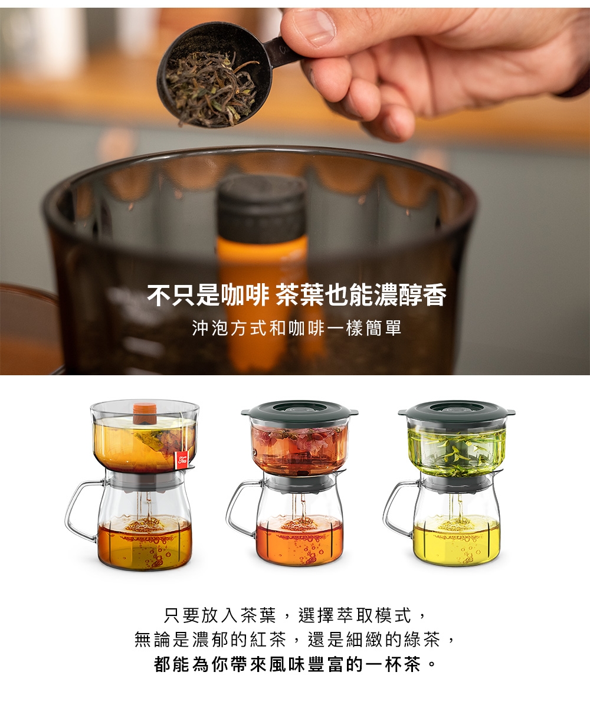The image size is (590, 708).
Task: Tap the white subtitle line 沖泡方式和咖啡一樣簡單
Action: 297,328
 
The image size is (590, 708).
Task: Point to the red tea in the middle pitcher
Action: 299,540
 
